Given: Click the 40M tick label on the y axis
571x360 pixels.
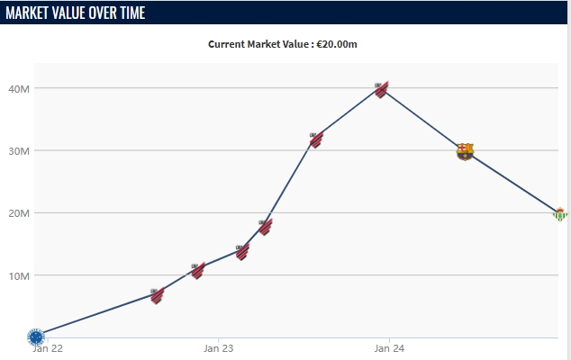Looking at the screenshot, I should point(20,88).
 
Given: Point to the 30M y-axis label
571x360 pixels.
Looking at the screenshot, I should point(20,150).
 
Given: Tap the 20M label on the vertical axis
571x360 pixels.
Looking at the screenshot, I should point(20,213).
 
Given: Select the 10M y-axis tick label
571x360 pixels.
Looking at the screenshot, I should point(20,275).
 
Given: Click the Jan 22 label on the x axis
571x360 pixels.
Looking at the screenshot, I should point(46,347).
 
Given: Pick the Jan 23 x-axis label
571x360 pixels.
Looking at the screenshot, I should point(219,347).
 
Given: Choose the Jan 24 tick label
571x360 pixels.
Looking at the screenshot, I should point(388,347).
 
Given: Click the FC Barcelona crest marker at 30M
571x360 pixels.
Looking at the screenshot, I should point(465,151).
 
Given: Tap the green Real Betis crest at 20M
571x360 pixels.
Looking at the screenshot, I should point(560,213).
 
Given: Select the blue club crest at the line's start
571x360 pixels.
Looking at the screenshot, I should point(36,337).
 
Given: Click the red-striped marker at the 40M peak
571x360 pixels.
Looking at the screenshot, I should point(382,89).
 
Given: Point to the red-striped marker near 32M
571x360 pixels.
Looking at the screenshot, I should point(316,139).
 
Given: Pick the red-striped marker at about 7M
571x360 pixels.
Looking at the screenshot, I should point(157,295).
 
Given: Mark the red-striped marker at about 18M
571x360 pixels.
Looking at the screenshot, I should point(265,226).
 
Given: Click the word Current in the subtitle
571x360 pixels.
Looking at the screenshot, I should point(228,43).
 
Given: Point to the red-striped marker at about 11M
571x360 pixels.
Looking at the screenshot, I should point(198,270).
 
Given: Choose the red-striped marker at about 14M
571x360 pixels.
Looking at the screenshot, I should point(242,252).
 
